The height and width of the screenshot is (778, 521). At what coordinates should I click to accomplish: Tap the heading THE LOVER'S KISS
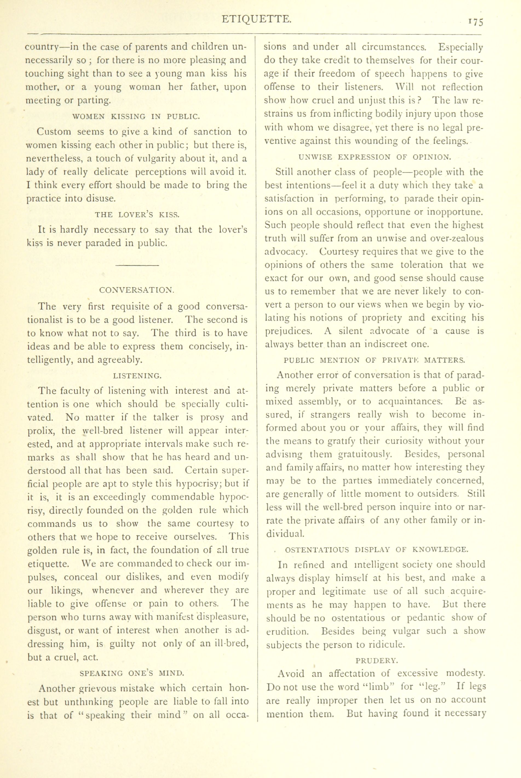click(x=137, y=215)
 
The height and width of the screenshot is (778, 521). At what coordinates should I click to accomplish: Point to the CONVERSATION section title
click(x=137, y=290)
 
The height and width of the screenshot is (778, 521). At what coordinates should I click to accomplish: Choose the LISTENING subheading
click(x=137, y=376)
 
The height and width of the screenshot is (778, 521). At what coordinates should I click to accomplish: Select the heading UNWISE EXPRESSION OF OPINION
click(x=375, y=157)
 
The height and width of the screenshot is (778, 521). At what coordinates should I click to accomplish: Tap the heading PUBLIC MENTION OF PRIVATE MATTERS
click(x=375, y=360)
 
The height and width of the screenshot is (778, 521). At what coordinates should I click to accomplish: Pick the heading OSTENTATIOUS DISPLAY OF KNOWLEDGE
click(x=377, y=550)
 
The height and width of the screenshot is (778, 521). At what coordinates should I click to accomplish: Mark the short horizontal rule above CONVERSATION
click(x=137, y=265)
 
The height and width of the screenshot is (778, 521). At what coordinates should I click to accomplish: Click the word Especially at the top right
click(x=460, y=47)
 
